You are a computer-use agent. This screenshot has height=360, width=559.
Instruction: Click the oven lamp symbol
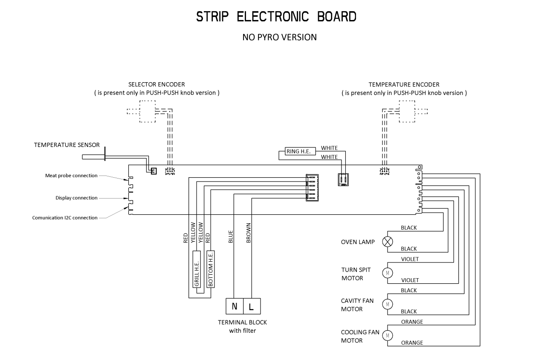click(x=388, y=242)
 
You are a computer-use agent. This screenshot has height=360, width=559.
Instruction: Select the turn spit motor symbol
click(x=388, y=273)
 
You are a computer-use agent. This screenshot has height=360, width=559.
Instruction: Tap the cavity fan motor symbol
click(x=388, y=304)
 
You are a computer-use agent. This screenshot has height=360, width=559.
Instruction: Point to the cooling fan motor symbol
click(x=388, y=336)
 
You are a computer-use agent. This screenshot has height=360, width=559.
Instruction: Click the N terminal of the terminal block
click(x=235, y=306)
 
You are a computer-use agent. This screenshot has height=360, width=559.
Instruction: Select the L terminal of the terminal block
click(x=252, y=306)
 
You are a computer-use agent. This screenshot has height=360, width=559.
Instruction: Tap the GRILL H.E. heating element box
click(x=197, y=269)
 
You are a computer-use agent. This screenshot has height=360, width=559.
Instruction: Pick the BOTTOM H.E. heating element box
click(x=210, y=269)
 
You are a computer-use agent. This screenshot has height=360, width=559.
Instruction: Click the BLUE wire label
click(x=231, y=237)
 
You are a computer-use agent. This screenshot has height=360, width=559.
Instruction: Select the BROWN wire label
click(x=249, y=233)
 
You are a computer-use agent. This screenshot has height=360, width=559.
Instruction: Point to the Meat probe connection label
click(x=71, y=176)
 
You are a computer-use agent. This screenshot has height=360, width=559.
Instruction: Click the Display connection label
click(x=76, y=198)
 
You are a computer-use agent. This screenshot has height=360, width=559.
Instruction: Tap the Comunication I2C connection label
click(x=65, y=218)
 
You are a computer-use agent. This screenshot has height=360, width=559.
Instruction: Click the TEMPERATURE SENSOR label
click(x=67, y=145)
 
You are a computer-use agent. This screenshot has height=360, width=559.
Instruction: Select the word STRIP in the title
click(x=212, y=17)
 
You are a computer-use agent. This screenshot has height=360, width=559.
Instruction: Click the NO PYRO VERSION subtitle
click(x=279, y=37)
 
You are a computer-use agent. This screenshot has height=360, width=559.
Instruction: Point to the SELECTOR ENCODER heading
click(x=157, y=84)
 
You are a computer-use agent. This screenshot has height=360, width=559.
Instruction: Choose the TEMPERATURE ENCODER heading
click(x=404, y=84)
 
